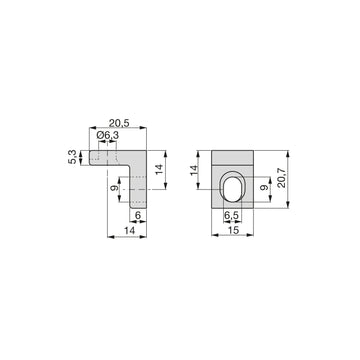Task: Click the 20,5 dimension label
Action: pos(119,123)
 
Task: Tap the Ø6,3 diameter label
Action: pos(108,136)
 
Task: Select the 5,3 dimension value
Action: pos(73,157)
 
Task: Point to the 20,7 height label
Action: pos(282,178)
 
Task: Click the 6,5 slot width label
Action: pos(231,216)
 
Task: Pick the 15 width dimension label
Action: pos(232,230)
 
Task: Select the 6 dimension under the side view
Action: pos(138,216)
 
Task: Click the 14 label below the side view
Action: pos(129,230)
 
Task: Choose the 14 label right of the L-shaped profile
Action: pos(159,169)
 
